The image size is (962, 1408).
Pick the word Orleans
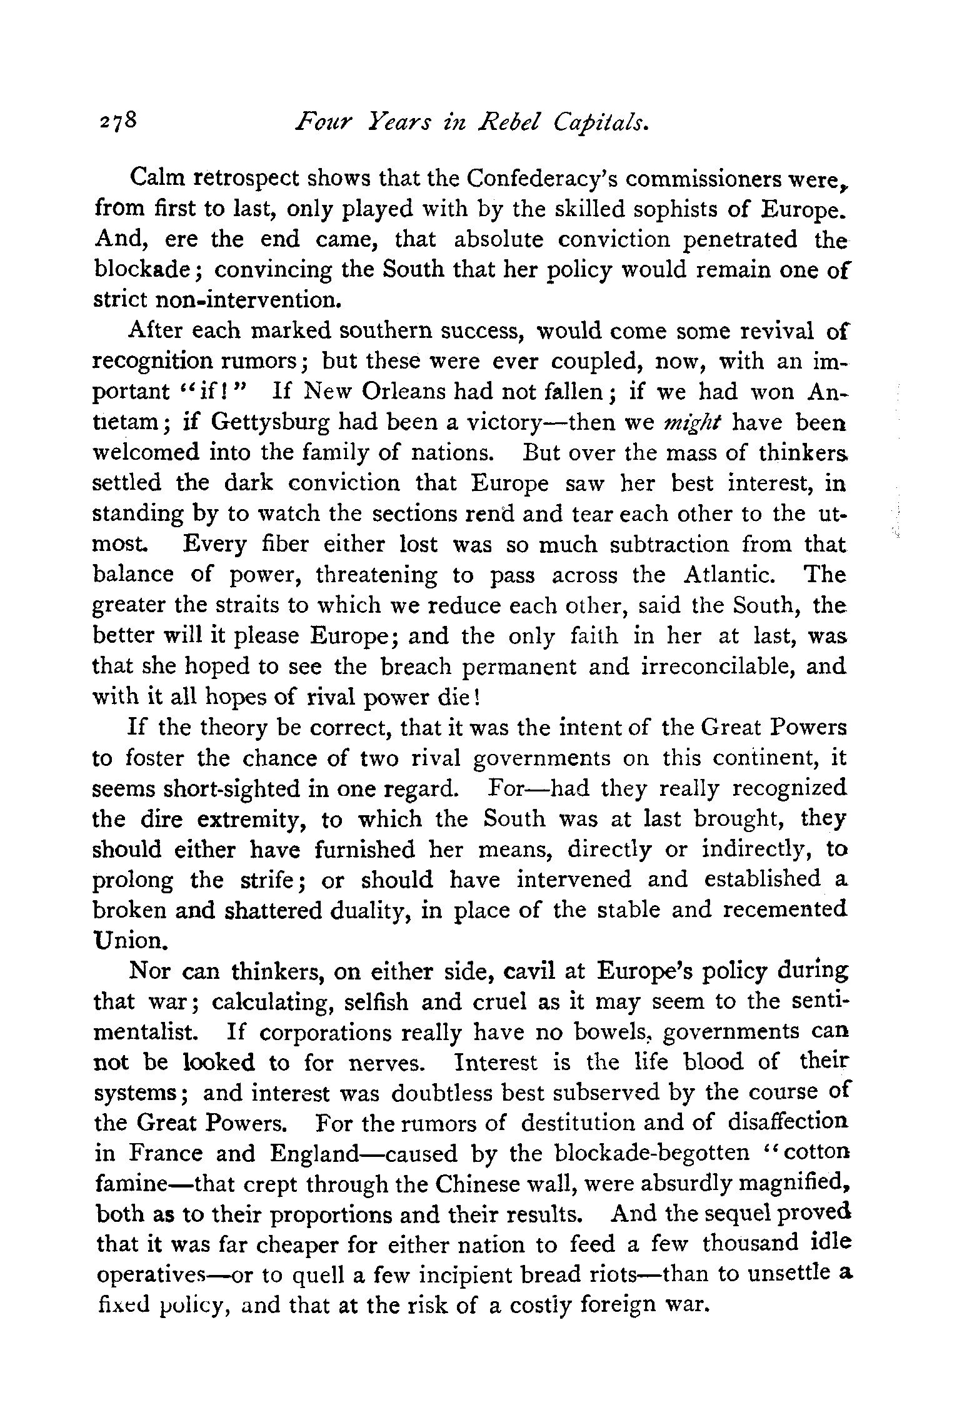coord(408,392)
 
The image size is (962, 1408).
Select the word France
coord(148,1153)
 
